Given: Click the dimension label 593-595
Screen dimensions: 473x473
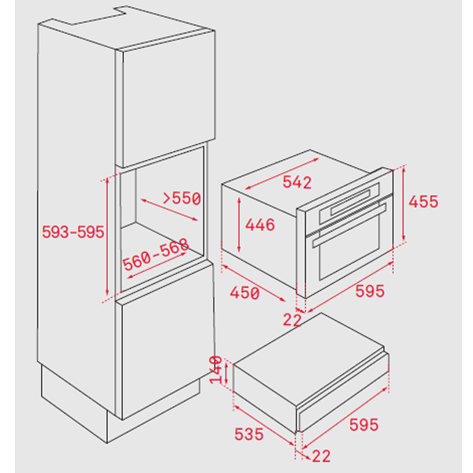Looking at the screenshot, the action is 73,232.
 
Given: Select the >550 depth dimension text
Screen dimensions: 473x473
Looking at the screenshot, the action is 182,198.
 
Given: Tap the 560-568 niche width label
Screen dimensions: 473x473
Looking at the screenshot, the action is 155,255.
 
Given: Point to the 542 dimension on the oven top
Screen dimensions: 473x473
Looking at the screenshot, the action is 297,182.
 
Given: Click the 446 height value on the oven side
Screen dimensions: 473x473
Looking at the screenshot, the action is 259,225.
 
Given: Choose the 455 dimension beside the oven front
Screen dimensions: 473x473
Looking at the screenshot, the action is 423,202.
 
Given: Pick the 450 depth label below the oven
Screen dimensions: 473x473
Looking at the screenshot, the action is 244,293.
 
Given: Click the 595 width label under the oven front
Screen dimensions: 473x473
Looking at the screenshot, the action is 370,291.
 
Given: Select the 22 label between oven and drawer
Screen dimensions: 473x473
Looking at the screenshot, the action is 292,320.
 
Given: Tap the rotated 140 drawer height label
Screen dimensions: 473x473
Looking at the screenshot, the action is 216,370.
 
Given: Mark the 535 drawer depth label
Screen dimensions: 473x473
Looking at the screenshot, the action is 249,434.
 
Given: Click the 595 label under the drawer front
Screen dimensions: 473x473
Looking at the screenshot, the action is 363,425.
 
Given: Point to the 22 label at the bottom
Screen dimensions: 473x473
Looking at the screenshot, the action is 322,456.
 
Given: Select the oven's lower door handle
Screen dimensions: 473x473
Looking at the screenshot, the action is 349,225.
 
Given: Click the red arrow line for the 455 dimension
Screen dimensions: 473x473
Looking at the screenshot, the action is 404,203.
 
